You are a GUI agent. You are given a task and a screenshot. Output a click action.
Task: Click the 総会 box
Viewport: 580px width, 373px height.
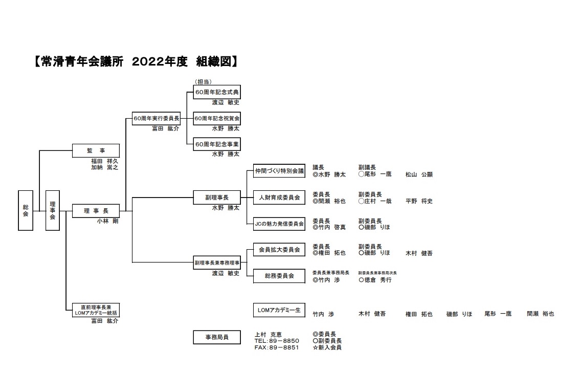(x=26, y=210)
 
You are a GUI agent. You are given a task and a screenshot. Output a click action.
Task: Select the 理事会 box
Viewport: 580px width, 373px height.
(x=52, y=210)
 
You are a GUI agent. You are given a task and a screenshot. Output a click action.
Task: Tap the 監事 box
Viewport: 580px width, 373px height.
(x=96, y=150)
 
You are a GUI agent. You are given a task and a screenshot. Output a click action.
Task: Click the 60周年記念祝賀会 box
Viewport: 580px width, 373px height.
(x=217, y=119)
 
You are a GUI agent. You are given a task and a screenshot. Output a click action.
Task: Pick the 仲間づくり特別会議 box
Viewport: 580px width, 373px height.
(x=279, y=171)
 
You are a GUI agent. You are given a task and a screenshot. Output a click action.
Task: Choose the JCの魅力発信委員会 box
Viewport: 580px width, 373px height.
(x=279, y=224)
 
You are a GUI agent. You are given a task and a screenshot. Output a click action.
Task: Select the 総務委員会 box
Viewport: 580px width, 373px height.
(x=279, y=276)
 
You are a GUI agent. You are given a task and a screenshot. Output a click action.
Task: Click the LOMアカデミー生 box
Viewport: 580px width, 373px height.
(x=279, y=310)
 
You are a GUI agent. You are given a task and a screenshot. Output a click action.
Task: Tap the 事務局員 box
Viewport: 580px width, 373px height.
(x=217, y=337)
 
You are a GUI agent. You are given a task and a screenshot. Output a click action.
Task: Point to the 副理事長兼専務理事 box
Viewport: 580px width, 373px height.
(x=217, y=262)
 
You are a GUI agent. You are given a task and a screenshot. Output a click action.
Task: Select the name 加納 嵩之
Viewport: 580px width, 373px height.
(x=104, y=167)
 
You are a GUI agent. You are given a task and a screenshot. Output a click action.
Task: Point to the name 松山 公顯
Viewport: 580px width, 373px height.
(x=419, y=174)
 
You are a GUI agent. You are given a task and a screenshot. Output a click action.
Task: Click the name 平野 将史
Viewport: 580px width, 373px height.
(x=419, y=201)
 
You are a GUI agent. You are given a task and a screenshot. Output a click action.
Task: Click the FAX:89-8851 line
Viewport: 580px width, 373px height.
(x=277, y=347)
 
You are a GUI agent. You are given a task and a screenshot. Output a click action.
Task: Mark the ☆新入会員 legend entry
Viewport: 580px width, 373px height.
(x=327, y=347)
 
